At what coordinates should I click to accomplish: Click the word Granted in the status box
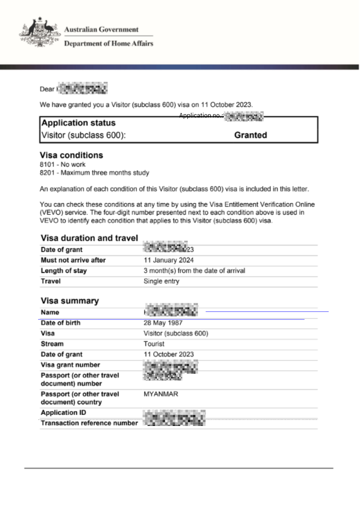(251, 135)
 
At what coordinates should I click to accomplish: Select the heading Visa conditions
(71, 155)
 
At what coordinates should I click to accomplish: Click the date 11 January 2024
(168, 260)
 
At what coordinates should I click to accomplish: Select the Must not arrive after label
(73, 260)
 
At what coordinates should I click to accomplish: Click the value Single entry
(161, 281)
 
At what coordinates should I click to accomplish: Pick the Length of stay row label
(64, 271)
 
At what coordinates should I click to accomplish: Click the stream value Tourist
(154, 344)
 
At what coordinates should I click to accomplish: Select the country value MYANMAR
(161, 394)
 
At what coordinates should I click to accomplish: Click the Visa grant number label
(70, 365)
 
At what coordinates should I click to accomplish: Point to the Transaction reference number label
(89, 423)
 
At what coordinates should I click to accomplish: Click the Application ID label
(63, 413)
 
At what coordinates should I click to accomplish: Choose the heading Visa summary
(70, 301)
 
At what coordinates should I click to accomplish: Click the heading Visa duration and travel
(89, 238)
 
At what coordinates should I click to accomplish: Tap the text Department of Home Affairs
(108, 43)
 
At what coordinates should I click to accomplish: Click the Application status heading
(78, 123)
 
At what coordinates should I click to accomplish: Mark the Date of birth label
(60, 323)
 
